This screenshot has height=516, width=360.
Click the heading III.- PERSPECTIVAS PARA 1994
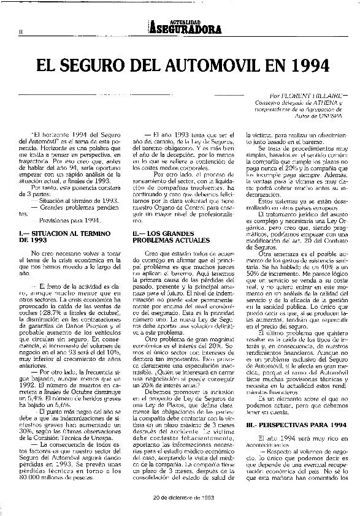pyautogui.click(x=292, y=425)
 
